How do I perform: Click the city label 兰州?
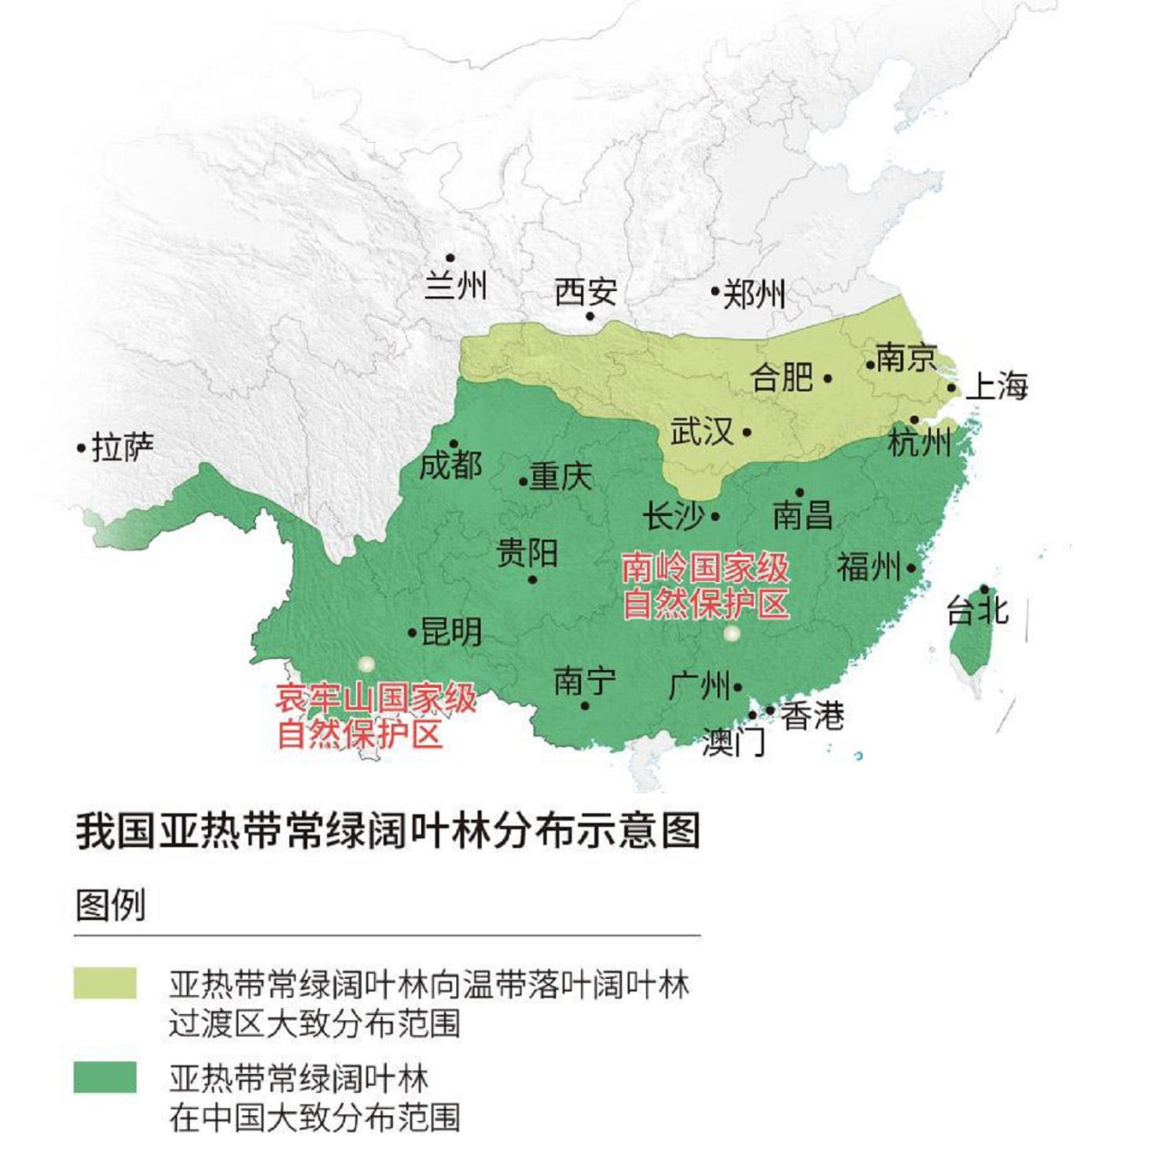click(x=456, y=286)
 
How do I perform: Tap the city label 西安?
click(x=586, y=292)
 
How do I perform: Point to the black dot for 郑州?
click(x=714, y=292)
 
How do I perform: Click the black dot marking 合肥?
click(x=828, y=379)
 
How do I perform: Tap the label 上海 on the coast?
click(x=997, y=386)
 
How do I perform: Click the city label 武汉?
click(x=701, y=431)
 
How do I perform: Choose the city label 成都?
click(x=451, y=466)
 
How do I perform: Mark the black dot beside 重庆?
click(x=523, y=482)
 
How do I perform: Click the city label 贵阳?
click(x=527, y=552)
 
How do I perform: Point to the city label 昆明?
click(x=451, y=632)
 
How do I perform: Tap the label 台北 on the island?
click(x=977, y=610)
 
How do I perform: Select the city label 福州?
click(x=869, y=568)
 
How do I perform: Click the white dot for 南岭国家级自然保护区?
click(x=732, y=634)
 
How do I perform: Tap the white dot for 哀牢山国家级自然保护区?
click(x=365, y=664)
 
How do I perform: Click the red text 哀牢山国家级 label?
click(x=376, y=698)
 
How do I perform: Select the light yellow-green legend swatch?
click(x=106, y=983)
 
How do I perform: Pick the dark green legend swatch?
click(x=106, y=1077)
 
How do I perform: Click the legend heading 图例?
click(x=110, y=904)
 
